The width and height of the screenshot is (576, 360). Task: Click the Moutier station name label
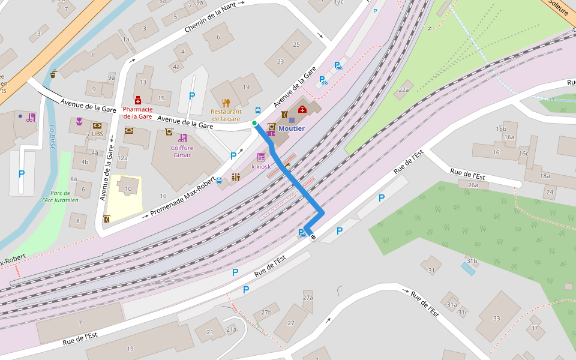click(x=292, y=128)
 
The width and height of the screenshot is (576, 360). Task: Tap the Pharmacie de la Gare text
click(x=138, y=112)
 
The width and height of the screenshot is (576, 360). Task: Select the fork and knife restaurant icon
click(x=226, y=103)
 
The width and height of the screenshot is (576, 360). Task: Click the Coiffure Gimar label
click(x=182, y=151)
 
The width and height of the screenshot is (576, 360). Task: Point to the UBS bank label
click(x=97, y=134)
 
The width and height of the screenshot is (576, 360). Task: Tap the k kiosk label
click(x=261, y=166)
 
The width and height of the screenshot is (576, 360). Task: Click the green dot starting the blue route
click(x=254, y=123)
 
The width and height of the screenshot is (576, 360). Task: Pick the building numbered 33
click(x=496, y=318)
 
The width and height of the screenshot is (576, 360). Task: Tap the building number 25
click(x=296, y=45)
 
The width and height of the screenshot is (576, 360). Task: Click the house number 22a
click(x=403, y=90)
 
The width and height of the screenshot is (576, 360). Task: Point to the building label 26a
click(x=473, y=185)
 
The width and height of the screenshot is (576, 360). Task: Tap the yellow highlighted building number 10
click(x=128, y=189)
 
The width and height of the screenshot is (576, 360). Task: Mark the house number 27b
click(x=266, y=313)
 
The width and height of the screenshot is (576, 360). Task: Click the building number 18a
click(x=544, y=176)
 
